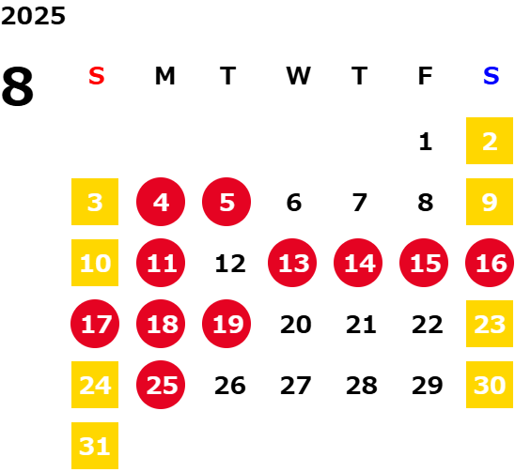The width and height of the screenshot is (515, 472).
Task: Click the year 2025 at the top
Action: click(x=33, y=16)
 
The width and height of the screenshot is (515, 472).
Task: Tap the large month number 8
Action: click(x=18, y=86)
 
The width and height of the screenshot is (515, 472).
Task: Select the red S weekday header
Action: click(x=97, y=76)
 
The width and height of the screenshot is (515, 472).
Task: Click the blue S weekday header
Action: click(x=491, y=76)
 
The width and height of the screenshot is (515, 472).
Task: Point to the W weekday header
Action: click(x=298, y=76)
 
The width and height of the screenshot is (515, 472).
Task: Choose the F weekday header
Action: click(x=425, y=76)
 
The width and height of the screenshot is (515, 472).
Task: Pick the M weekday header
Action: click(x=164, y=76)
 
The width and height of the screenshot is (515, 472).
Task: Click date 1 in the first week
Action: click(x=426, y=142)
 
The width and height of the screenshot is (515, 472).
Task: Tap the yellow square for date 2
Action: click(x=490, y=141)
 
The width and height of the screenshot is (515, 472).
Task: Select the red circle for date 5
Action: click(x=226, y=202)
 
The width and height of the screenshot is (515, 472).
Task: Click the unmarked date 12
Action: click(x=230, y=264)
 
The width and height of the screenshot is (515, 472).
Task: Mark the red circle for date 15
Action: click(x=424, y=263)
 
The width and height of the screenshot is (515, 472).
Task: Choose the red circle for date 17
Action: click(x=95, y=324)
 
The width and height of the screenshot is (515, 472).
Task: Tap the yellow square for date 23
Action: click(x=490, y=324)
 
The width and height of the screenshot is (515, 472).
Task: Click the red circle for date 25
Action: click(x=161, y=385)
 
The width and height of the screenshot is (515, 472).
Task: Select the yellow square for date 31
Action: click(x=95, y=446)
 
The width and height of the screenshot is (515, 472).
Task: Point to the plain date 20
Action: click(x=296, y=325)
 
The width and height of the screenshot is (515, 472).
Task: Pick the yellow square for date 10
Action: click(x=95, y=263)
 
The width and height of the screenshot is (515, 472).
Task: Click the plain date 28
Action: click(x=362, y=386)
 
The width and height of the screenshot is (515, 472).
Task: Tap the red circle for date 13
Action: click(x=292, y=263)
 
